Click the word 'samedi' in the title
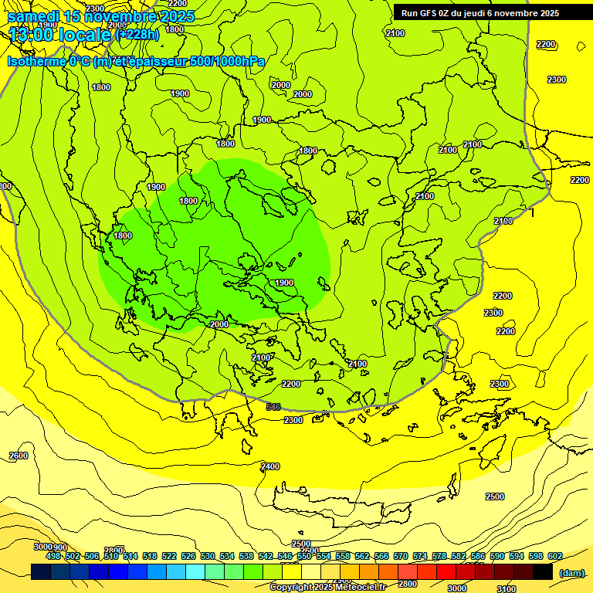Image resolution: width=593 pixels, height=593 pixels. click(x=33, y=16)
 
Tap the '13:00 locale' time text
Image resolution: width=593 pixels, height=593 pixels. click(x=60, y=34)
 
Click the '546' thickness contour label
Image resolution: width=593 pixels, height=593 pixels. click(x=273, y=407)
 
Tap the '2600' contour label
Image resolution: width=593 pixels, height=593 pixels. click(x=19, y=456)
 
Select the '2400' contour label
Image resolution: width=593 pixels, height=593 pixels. click(x=270, y=466)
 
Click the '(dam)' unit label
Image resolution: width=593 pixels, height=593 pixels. click(x=571, y=573)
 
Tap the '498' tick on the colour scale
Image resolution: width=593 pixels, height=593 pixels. click(x=53, y=556)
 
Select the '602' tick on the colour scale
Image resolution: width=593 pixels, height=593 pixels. click(x=555, y=556)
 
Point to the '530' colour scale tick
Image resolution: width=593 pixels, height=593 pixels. click(x=208, y=556)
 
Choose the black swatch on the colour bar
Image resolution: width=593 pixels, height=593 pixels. click(x=543, y=571)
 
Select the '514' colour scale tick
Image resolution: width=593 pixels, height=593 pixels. click(x=130, y=556)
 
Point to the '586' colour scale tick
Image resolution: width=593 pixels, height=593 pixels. click(x=478, y=556)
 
